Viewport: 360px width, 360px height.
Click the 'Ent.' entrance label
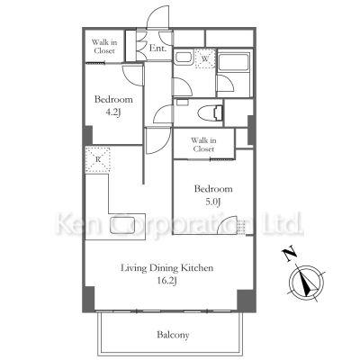pyautogui.click(x=157, y=48)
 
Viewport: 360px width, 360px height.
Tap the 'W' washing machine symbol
pyautogui.click(x=205, y=58)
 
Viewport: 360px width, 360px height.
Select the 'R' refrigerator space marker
pyautogui.click(x=98, y=159)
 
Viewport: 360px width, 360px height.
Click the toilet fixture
pyautogui.click(x=210, y=112)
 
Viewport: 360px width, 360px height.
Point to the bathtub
pyautogui.click(x=234, y=62)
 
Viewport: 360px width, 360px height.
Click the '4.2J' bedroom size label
pyautogui.click(x=113, y=112)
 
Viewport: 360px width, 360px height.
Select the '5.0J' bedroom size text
pyautogui.click(x=213, y=202)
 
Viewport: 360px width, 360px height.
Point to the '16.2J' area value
pyautogui.click(x=167, y=281)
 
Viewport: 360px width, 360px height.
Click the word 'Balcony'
pyautogui.click(x=173, y=335)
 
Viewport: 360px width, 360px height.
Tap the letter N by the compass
pyautogui.click(x=290, y=254)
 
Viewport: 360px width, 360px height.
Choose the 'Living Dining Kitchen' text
pyautogui.click(x=166, y=267)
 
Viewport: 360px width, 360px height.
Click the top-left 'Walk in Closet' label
pyautogui.click(x=104, y=47)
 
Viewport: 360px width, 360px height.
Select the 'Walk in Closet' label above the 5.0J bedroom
pyautogui.click(x=203, y=144)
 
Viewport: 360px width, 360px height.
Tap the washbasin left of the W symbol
pyautogui.click(x=184, y=57)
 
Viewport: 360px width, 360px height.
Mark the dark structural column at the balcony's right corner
pyautogui.click(x=246, y=301)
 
